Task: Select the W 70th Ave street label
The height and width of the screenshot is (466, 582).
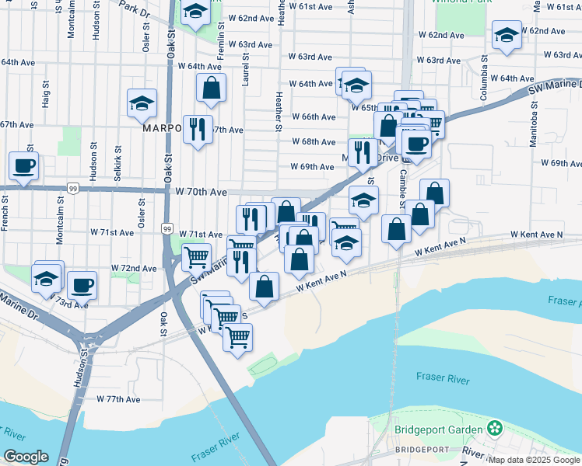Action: (x=201, y=191)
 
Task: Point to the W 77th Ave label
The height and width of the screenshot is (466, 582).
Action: (x=118, y=399)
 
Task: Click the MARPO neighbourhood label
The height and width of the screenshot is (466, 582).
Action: (x=162, y=129)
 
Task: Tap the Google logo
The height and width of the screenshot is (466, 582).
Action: (x=26, y=457)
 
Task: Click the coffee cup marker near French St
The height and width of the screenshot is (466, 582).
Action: (x=23, y=165)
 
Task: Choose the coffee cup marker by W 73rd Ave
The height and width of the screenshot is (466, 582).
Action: (x=82, y=285)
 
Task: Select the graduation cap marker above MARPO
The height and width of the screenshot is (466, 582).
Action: (x=142, y=103)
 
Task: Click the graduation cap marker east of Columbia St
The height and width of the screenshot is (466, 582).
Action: (x=507, y=34)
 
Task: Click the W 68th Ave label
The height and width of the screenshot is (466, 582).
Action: (x=314, y=141)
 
